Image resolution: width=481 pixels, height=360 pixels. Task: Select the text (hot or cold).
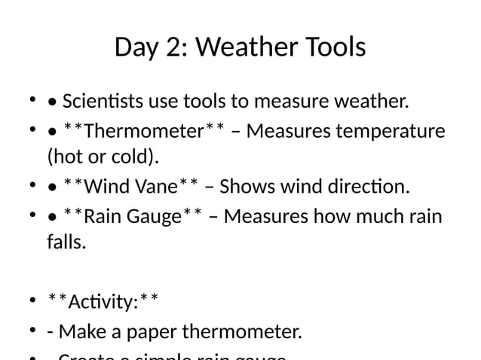[x=103, y=157]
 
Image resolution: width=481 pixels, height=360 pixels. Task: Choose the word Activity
[x=102, y=302]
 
